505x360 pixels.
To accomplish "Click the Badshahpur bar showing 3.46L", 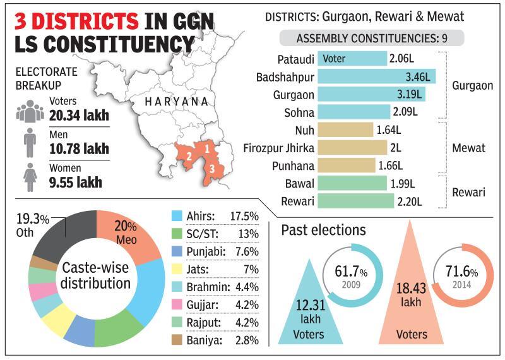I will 376,77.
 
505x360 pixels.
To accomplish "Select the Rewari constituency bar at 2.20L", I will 370,201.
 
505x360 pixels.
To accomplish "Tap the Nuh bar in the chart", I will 346,130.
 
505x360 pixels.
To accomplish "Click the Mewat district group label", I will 468,148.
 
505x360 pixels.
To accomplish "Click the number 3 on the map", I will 213,169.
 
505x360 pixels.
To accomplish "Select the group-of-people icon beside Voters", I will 30,111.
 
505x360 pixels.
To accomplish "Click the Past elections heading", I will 323,229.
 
